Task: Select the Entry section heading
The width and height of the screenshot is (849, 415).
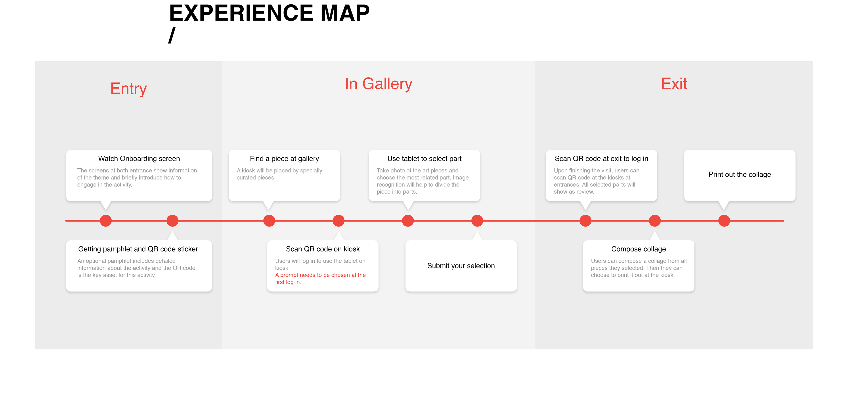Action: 128,89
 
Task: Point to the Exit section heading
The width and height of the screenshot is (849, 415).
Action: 674,84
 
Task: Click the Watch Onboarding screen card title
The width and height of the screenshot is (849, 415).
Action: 139,159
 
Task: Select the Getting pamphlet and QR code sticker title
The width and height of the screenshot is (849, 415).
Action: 138,249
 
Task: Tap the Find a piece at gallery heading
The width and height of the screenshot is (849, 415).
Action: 284,159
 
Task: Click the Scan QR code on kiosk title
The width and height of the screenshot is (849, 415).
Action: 323,249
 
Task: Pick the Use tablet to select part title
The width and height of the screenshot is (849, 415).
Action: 424,159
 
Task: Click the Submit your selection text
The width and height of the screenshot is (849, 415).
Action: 461,266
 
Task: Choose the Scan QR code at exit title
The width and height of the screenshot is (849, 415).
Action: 601,159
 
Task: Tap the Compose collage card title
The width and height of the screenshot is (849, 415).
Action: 639,249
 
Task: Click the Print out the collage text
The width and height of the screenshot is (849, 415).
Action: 740,174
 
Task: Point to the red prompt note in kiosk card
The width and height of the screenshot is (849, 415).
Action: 320,278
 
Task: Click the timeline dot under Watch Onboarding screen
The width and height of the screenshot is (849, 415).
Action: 106,221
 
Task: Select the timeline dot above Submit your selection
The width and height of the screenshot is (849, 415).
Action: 477,221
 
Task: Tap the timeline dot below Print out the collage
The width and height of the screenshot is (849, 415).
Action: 724,221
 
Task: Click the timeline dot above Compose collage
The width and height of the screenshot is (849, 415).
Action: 655,221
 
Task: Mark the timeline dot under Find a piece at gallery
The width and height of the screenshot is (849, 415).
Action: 269,221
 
